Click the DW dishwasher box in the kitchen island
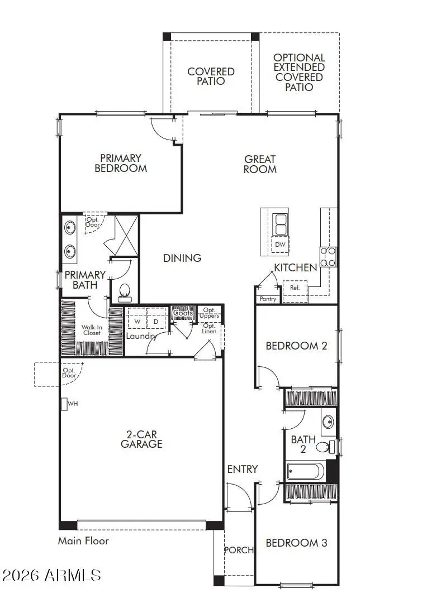pos(280,245)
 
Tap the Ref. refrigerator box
pos(295,288)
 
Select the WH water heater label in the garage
pos(73,403)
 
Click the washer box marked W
pos(137,322)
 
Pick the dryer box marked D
pos(156,322)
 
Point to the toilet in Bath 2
pos(324,447)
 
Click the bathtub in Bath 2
pos(305,472)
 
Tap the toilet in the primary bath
pos(125,291)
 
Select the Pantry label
pos(268,299)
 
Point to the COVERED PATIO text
pos(211,76)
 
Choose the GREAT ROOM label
pos(260,164)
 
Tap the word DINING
pos(182,258)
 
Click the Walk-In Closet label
pos(92,329)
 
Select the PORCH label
pos(239,550)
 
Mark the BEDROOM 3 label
pos(296,543)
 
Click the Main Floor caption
pos(83,540)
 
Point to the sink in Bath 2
pos(328,421)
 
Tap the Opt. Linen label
pos(210,328)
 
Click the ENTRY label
pos(243,469)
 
